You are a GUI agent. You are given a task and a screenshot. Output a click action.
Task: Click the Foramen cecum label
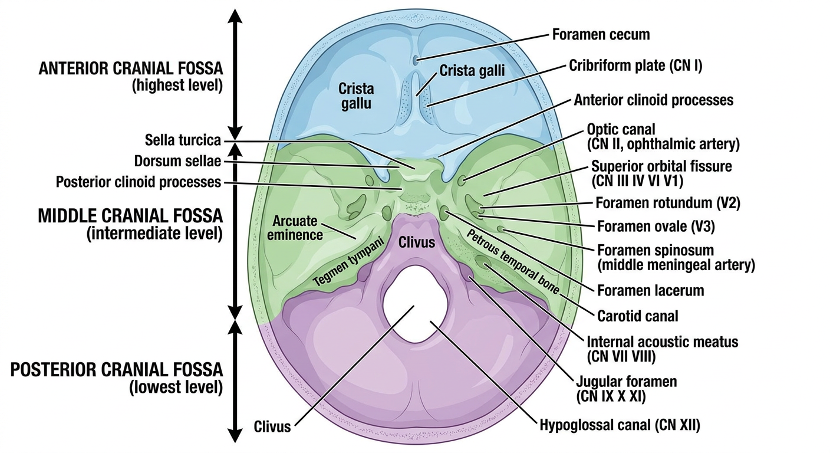pyautogui.click(x=601, y=34)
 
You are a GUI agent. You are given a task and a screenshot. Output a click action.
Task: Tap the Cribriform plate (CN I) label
pyautogui.click(x=635, y=65)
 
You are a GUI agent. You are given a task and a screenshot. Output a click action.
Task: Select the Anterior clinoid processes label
pyautogui.click(x=654, y=100)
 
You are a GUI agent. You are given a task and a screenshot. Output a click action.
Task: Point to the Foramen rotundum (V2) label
pyautogui.click(x=668, y=203)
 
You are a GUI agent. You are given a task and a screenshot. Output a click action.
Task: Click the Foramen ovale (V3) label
pyautogui.click(x=656, y=226)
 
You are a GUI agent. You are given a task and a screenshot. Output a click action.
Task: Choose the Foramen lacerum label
pyautogui.click(x=651, y=290)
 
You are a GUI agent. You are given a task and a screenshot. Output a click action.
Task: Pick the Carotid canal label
pyautogui.click(x=638, y=316)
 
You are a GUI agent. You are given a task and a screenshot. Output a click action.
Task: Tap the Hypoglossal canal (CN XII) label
pyautogui.click(x=620, y=425)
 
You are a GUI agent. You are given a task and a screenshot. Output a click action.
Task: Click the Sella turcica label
pyautogui.click(x=183, y=140)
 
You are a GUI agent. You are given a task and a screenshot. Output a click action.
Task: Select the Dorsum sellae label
pyautogui.click(x=177, y=161)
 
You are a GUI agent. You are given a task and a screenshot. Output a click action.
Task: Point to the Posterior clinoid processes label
pyautogui.click(x=138, y=182)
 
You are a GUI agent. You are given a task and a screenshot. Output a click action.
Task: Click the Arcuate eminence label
pyautogui.click(x=295, y=228)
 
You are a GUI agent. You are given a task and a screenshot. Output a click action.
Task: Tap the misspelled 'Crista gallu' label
pyautogui.click(x=356, y=96)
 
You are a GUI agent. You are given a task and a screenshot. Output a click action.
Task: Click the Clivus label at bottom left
pyautogui.click(x=272, y=426)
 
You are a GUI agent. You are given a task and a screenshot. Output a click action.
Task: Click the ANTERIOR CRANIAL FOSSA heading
pyautogui.click(x=131, y=68)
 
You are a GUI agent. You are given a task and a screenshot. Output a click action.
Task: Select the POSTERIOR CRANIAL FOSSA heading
pyautogui.click(x=117, y=370)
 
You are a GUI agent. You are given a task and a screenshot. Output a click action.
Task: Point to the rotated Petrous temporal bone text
pyautogui.click(x=512, y=261)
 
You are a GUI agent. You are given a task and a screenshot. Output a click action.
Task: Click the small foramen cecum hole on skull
pyautogui.click(x=416, y=59)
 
